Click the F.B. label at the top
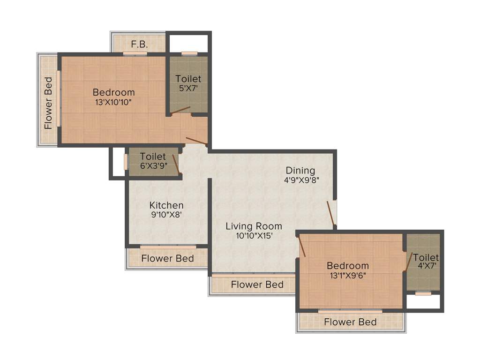(x=139, y=45)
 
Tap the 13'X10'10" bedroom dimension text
(x=113, y=102)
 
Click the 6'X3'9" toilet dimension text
(x=153, y=166)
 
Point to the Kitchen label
(x=166, y=205)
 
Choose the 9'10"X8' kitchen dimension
(x=166, y=215)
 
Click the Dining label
(x=300, y=170)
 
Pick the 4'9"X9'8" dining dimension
(x=301, y=180)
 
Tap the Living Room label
(x=254, y=226)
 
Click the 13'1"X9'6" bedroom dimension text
(x=348, y=276)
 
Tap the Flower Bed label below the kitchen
(x=167, y=259)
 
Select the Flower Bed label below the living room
(x=257, y=285)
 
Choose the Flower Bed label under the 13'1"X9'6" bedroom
(x=350, y=322)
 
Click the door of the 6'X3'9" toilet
(x=175, y=163)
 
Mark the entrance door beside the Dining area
(x=331, y=213)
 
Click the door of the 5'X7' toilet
(x=180, y=110)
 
